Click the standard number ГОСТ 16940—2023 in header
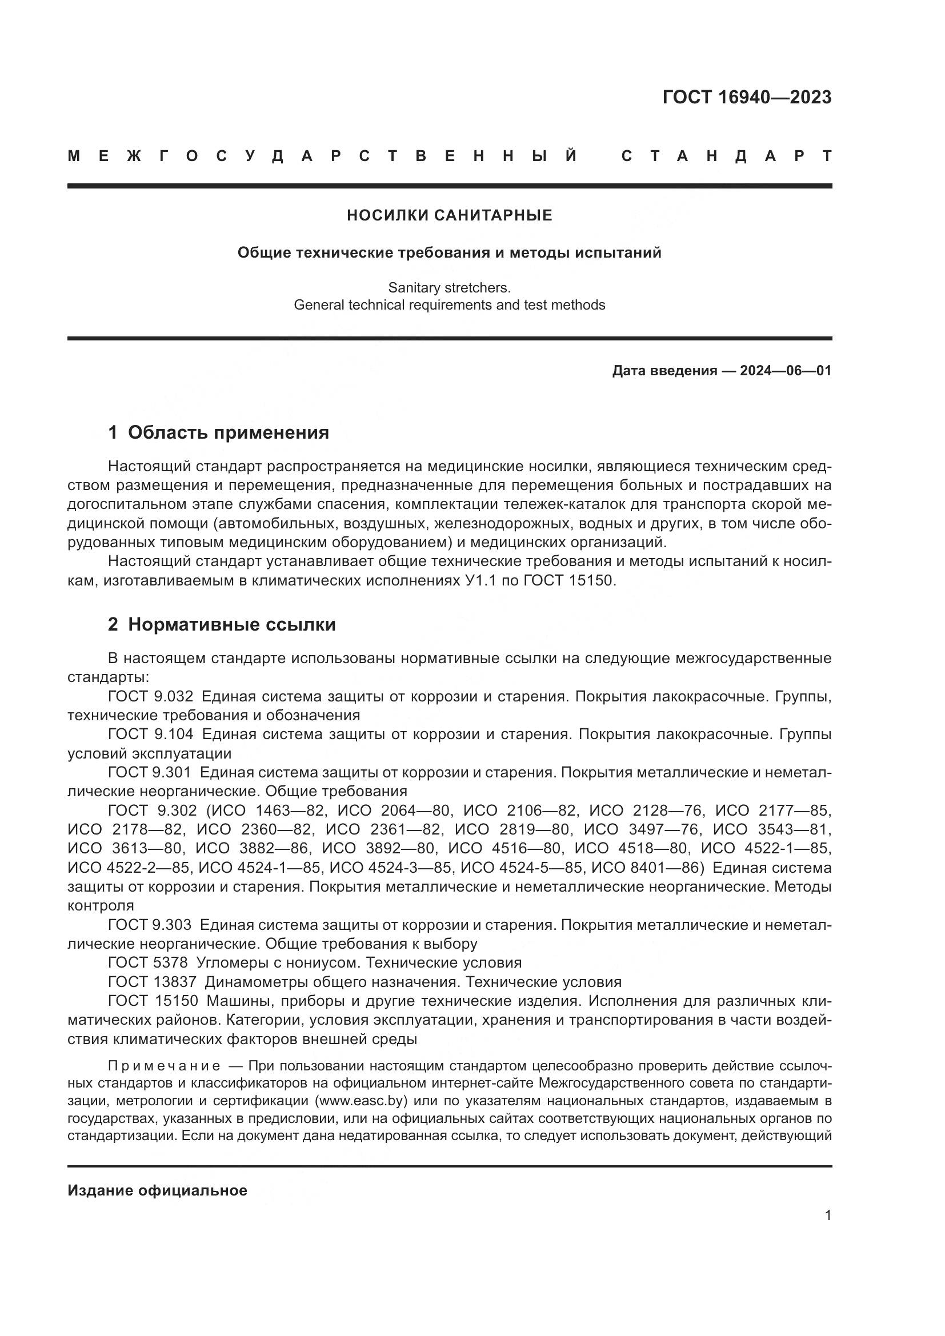point(747,97)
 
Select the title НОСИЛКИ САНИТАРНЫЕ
point(449,215)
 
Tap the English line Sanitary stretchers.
point(449,287)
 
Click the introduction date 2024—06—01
point(786,371)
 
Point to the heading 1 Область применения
point(218,432)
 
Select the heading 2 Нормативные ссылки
point(222,624)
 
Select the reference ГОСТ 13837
point(152,982)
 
